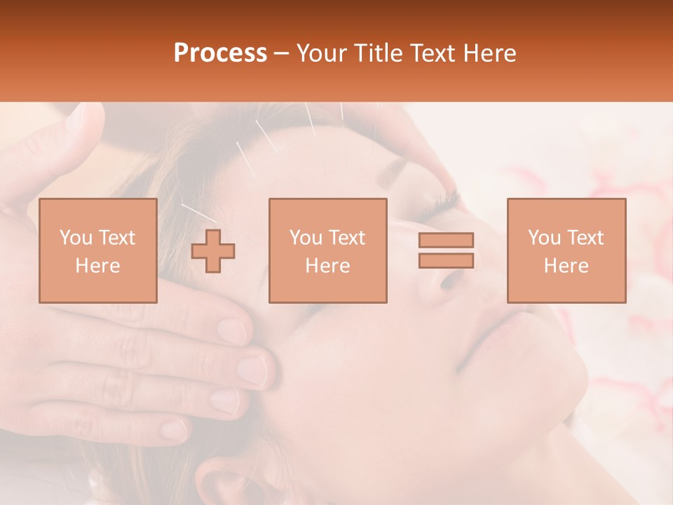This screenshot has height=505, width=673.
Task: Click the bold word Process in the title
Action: coord(220,53)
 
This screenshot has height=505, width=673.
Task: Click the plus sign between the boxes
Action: coord(213,251)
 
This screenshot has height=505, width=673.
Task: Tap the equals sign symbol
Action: coord(446,250)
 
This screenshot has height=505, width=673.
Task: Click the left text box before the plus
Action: coord(98,250)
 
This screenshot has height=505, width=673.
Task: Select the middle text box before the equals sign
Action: coord(328,250)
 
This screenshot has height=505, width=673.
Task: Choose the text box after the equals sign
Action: coord(566,250)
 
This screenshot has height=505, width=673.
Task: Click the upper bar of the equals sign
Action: coord(446,241)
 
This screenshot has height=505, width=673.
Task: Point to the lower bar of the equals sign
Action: coord(446,260)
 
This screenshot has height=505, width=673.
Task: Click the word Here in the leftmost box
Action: coord(98,265)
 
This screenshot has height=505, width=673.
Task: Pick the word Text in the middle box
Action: coord(348,238)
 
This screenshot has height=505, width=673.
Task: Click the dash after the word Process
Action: coord(282,53)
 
